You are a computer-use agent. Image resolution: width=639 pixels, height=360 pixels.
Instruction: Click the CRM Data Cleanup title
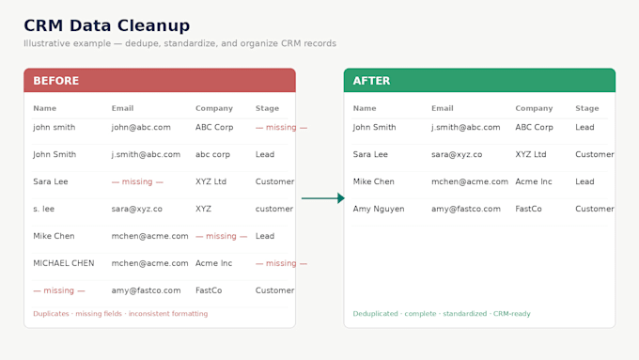point(107,25)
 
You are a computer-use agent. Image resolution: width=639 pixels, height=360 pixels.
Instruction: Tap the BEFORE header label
point(55,81)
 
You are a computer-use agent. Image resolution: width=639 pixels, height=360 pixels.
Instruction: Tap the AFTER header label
point(371,81)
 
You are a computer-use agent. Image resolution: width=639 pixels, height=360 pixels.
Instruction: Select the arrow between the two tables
point(323,198)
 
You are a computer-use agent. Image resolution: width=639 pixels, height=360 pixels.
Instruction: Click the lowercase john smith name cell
point(55,127)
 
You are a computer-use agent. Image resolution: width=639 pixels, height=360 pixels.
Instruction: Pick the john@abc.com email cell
point(141,127)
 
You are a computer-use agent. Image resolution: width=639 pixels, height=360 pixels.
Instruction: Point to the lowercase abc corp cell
point(212,154)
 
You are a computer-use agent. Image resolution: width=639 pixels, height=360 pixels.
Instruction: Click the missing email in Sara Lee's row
point(137,181)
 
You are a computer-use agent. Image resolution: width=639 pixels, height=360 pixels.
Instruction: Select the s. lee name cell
point(43,209)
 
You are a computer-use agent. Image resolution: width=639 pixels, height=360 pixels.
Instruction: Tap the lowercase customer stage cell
point(274,209)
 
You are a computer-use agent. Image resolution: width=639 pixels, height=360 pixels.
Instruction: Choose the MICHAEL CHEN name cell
point(64,263)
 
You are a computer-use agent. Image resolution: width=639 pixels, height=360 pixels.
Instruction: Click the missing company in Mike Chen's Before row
point(221,236)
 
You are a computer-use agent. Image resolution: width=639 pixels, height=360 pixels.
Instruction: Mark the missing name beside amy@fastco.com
point(59,290)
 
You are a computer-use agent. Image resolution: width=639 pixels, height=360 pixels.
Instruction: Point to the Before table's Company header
point(214,108)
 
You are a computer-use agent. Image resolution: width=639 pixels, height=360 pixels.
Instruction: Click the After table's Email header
point(443,108)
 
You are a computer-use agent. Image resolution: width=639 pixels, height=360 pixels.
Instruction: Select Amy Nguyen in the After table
point(379,209)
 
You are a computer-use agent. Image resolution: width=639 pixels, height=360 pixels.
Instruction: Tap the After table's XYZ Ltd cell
point(531,154)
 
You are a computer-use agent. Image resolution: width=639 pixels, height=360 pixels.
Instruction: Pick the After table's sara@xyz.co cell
point(457,154)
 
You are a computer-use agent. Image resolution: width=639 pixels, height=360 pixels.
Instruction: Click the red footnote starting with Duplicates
point(120,314)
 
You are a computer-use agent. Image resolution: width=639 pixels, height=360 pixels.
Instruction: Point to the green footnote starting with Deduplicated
point(442,314)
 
